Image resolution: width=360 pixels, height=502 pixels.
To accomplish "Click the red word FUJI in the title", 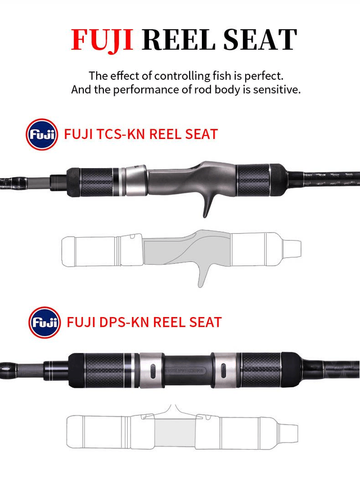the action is (x=102, y=39).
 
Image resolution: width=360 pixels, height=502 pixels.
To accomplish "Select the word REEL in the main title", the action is (x=179, y=39).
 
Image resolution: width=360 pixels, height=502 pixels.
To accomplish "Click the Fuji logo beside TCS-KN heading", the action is (x=42, y=134).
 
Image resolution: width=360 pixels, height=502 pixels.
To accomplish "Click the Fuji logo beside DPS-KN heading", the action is (x=44, y=322).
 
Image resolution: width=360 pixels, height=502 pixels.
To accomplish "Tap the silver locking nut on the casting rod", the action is (x=136, y=180).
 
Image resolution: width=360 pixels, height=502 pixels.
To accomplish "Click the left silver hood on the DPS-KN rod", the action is (x=151, y=370).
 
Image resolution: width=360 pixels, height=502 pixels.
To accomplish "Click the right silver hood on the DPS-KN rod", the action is (x=224, y=370).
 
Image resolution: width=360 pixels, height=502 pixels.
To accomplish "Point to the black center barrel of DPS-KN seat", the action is (x=188, y=370).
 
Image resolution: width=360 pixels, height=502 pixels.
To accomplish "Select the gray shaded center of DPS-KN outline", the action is (x=175, y=432).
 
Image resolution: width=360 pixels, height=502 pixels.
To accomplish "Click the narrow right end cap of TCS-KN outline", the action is (x=292, y=249).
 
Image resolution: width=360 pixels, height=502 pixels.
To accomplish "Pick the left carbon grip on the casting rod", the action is (x=96, y=182).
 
